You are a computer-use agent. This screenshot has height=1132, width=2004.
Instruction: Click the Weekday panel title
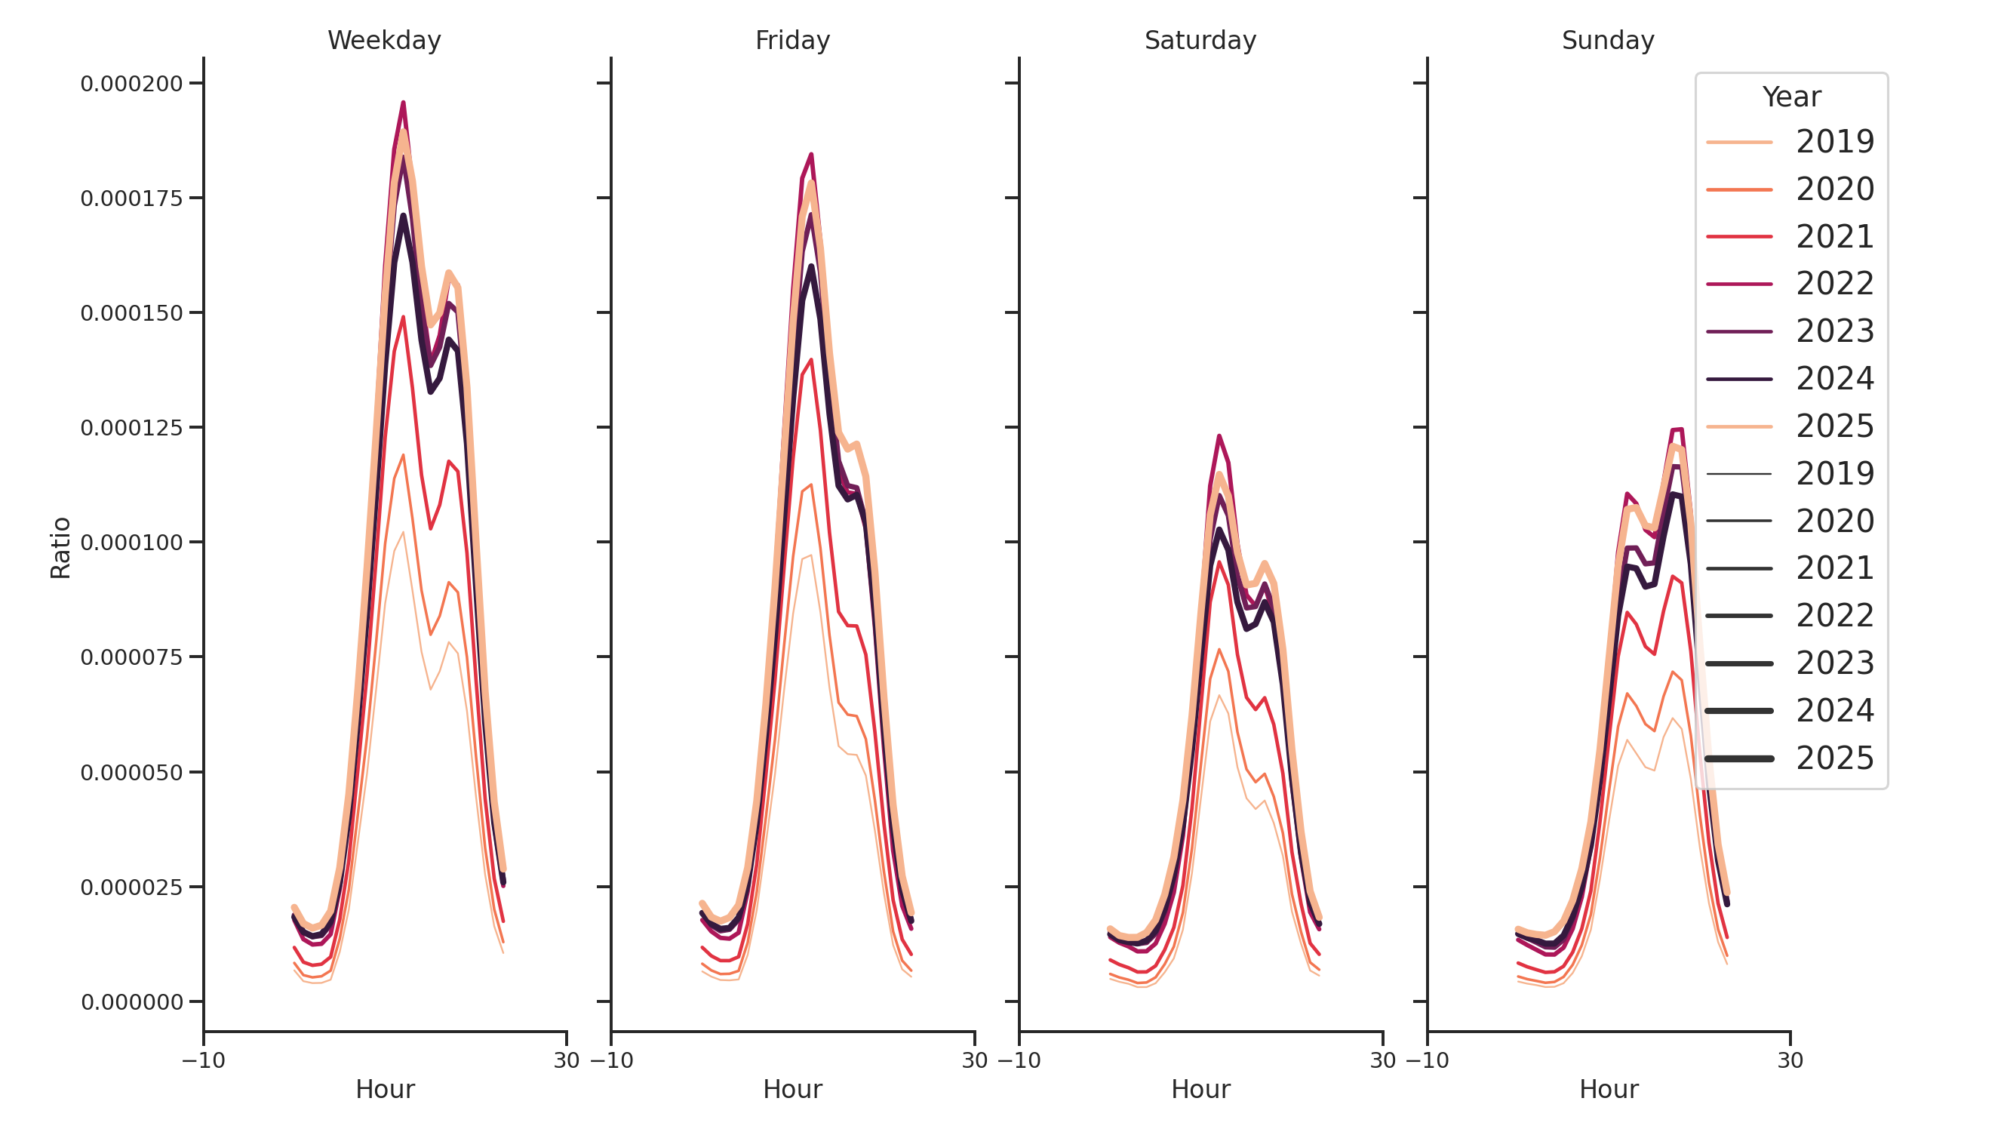tap(383, 41)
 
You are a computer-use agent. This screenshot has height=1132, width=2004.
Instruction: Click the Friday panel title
tap(792, 41)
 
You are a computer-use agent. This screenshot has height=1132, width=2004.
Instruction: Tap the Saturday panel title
tap(1200, 41)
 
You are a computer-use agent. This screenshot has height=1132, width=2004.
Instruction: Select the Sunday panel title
tap(1607, 41)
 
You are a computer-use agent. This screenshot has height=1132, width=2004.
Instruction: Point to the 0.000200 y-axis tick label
tap(131, 84)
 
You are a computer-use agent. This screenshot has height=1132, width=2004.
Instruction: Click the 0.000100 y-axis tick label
tap(131, 543)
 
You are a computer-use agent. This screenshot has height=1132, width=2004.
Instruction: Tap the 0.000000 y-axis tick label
tap(131, 1002)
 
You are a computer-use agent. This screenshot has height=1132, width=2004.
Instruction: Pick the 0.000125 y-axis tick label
tap(131, 428)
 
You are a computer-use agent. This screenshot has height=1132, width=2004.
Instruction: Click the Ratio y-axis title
tap(60, 548)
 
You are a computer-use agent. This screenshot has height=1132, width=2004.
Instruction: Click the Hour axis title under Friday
tap(792, 1089)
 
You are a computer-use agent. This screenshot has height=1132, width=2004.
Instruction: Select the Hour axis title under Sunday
tap(1608, 1089)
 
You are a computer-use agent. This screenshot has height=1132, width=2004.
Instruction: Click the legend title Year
tap(1790, 97)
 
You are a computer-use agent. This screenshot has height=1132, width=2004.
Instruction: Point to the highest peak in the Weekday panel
tap(403, 103)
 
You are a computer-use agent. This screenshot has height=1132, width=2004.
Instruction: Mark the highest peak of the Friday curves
tap(811, 154)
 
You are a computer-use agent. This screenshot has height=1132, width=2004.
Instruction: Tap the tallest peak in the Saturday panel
tap(1219, 435)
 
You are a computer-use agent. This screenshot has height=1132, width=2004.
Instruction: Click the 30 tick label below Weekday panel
tap(567, 1060)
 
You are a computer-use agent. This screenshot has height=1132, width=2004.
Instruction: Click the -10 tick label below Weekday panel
tap(203, 1060)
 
